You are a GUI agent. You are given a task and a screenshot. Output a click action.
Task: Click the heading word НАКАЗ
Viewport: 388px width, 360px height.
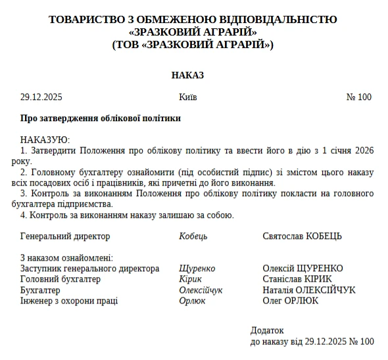187,75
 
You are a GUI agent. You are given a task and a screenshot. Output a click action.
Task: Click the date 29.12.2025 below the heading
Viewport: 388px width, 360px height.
41,97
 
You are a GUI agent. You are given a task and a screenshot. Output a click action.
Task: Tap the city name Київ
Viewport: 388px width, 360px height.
187,97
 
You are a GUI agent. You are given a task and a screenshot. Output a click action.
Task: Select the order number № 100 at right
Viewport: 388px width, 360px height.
358,97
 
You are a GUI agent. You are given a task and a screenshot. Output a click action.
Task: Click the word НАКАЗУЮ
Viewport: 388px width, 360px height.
45,140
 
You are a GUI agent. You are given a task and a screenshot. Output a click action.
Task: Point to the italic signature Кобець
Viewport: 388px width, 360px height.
193,236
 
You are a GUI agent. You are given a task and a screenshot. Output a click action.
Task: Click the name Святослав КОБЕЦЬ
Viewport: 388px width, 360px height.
302,236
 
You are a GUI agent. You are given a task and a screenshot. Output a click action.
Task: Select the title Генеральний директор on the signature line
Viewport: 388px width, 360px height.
65,236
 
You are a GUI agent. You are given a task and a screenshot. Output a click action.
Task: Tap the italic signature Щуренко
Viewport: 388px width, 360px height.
197,269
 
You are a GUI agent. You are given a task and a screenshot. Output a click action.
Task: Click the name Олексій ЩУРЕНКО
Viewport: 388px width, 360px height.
303,269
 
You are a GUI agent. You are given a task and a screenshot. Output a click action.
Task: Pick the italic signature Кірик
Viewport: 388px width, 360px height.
191,279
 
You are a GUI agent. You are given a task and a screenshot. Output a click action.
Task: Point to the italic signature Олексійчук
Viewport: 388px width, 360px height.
201,290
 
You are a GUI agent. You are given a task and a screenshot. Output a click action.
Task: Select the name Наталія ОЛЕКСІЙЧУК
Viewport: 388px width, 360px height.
308,290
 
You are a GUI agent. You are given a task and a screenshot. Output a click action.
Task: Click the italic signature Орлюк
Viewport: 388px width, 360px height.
192,300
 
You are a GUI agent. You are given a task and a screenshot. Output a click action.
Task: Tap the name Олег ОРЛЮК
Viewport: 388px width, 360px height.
290,300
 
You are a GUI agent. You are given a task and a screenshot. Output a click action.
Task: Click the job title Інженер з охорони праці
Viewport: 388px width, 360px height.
69,300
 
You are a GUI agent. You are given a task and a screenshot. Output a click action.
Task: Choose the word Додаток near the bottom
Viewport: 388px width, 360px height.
267,330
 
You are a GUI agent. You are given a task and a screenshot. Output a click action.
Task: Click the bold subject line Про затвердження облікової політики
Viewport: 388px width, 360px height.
100,118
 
